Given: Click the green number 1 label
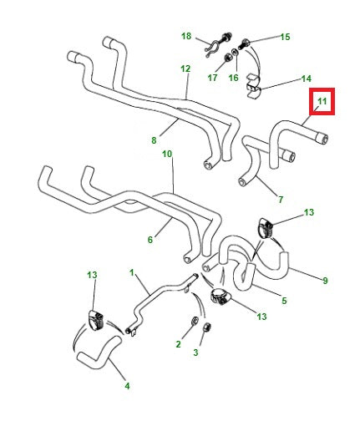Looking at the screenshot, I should (131, 273).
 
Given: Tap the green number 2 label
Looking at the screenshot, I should (178, 343).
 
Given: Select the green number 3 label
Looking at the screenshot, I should (195, 353).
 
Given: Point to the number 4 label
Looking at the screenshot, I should (127, 386).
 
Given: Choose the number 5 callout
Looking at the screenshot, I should (284, 301).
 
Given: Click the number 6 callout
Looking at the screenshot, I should (150, 240).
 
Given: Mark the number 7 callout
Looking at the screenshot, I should (281, 200).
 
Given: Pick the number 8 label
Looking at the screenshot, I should (154, 140).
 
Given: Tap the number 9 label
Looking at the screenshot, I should (325, 280).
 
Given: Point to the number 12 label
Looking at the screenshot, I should (185, 68).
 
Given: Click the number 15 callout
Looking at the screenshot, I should (285, 37).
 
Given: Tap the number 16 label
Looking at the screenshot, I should (233, 78).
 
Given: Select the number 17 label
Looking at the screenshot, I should (212, 78).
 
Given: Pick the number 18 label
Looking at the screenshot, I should (186, 37).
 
